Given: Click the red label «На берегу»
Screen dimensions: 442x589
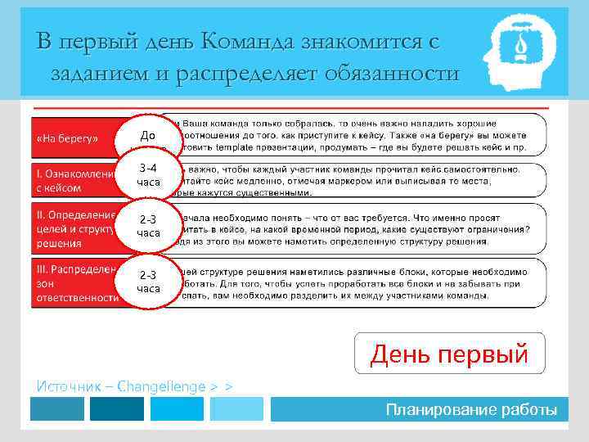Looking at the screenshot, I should click(68, 137).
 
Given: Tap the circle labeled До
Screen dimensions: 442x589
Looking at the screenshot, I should click(148, 135).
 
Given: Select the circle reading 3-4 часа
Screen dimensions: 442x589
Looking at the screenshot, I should click(148, 174).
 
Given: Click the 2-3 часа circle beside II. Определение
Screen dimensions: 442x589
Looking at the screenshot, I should click(148, 226).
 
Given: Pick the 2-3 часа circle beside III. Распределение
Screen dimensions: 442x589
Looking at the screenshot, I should click(148, 282).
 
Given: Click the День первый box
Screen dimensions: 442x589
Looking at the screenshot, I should click(449, 354).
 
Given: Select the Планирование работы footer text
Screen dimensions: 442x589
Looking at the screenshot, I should click(472, 409).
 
